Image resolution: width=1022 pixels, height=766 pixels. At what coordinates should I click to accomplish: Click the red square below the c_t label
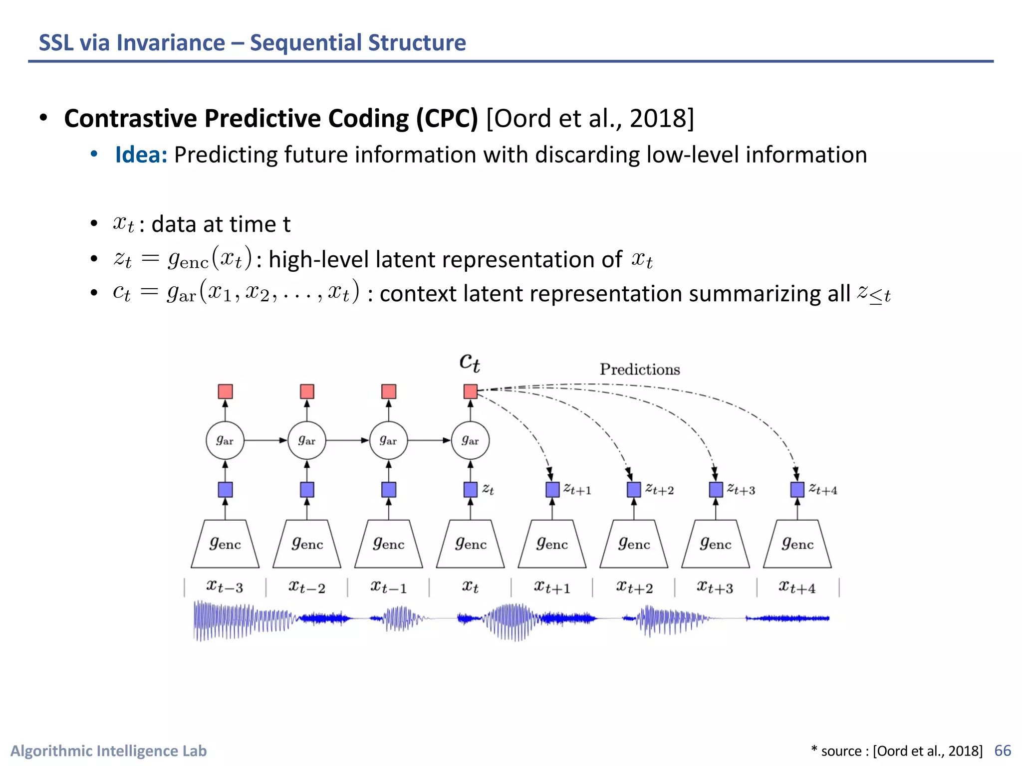click(x=470, y=391)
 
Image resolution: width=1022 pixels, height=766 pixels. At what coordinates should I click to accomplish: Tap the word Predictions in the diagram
click(x=640, y=370)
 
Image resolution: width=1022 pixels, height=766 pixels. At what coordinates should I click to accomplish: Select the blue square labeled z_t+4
click(x=797, y=490)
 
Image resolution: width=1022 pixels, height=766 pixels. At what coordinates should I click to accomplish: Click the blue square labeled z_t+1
click(x=552, y=490)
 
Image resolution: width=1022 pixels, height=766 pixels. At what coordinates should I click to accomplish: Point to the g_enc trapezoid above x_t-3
click(x=225, y=544)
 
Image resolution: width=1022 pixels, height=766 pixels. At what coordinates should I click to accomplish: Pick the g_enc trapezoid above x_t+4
click(x=797, y=544)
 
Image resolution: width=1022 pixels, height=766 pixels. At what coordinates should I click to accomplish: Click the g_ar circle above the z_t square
click(x=470, y=440)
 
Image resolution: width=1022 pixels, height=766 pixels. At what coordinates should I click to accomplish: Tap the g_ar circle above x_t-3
click(x=225, y=440)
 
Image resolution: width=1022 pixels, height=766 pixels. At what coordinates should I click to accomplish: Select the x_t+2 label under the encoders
click(x=634, y=587)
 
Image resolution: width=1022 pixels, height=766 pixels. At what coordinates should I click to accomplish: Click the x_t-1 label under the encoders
click(x=388, y=587)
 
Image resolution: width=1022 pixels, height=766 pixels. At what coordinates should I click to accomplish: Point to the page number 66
click(x=1003, y=751)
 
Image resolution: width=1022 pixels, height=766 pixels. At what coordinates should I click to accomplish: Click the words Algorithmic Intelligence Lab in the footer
click(x=108, y=751)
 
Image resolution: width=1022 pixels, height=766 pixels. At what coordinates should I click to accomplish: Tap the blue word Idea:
click(x=141, y=155)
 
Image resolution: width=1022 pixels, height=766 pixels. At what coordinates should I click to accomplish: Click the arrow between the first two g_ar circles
click(x=265, y=440)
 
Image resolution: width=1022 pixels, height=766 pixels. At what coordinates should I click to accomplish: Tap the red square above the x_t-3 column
click(x=225, y=391)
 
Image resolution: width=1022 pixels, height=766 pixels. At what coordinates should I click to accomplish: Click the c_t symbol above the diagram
click(x=470, y=362)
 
